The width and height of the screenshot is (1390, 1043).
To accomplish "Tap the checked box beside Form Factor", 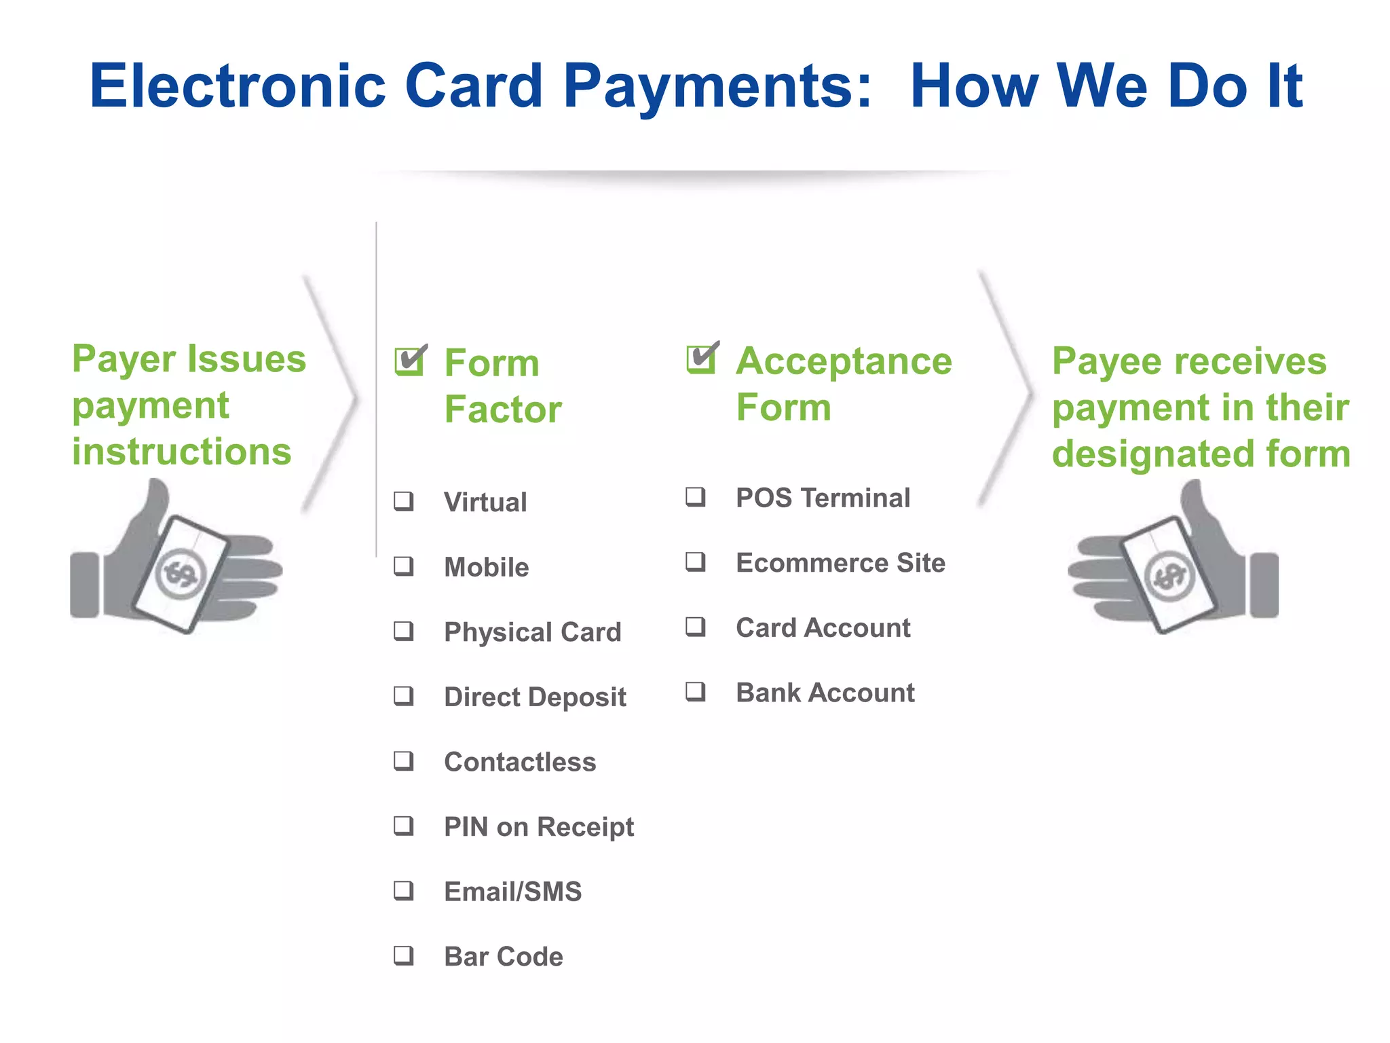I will pos(409,361).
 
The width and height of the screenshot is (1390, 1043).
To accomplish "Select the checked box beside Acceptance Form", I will pos(701,359).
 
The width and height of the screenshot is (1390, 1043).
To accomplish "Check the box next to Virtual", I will pos(404,502).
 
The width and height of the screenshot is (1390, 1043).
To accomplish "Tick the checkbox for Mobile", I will pos(404,566).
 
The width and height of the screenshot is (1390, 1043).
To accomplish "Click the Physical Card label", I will pos(532,632).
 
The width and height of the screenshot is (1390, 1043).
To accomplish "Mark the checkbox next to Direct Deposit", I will pos(404,696).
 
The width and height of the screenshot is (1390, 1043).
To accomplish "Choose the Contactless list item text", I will pos(520,762).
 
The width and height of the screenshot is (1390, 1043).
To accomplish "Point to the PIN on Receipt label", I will pos(539,827).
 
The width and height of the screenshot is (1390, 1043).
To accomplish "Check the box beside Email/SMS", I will pos(404,891).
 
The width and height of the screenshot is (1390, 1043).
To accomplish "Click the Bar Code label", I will pos(504,957).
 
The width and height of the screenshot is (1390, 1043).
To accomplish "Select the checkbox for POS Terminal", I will pos(695,497).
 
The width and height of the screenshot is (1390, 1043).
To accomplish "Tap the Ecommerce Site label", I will pos(840,563).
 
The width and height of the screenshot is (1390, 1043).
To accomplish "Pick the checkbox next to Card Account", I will pos(695,627).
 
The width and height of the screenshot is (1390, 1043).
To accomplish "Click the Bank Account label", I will pos(825,693).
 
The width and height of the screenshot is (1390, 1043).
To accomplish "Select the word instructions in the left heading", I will pos(182,452).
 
